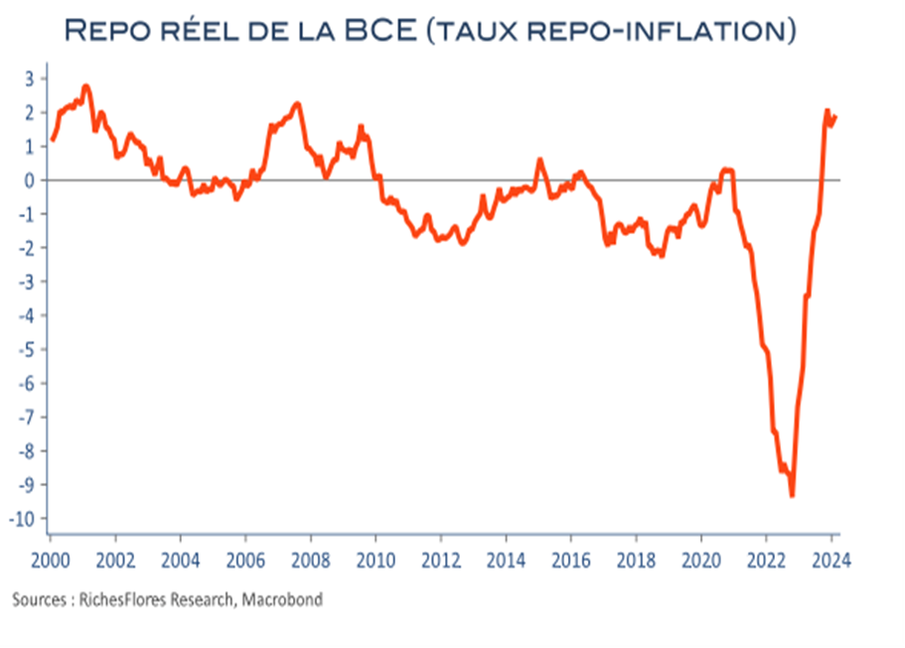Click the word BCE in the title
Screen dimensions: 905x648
(380, 30)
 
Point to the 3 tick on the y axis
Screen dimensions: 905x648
(29, 78)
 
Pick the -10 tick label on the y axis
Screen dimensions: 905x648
(21, 519)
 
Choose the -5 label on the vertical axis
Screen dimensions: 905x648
(27, 349)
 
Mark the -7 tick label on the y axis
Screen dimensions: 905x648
(27, 417)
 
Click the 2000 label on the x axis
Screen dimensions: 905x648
(51, 561)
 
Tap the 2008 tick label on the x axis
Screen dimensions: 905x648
(311, 561)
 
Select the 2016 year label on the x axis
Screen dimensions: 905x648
(571, 561)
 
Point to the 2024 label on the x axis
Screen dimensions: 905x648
(831, 561)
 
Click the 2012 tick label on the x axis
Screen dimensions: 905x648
(441, 561)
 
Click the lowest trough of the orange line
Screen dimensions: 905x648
(792, 495)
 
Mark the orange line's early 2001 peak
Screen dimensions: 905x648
(86, 86)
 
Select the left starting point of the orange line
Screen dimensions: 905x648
(53, 140)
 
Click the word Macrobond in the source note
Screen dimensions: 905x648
(282, 599)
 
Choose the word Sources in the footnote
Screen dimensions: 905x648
(40, 600)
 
